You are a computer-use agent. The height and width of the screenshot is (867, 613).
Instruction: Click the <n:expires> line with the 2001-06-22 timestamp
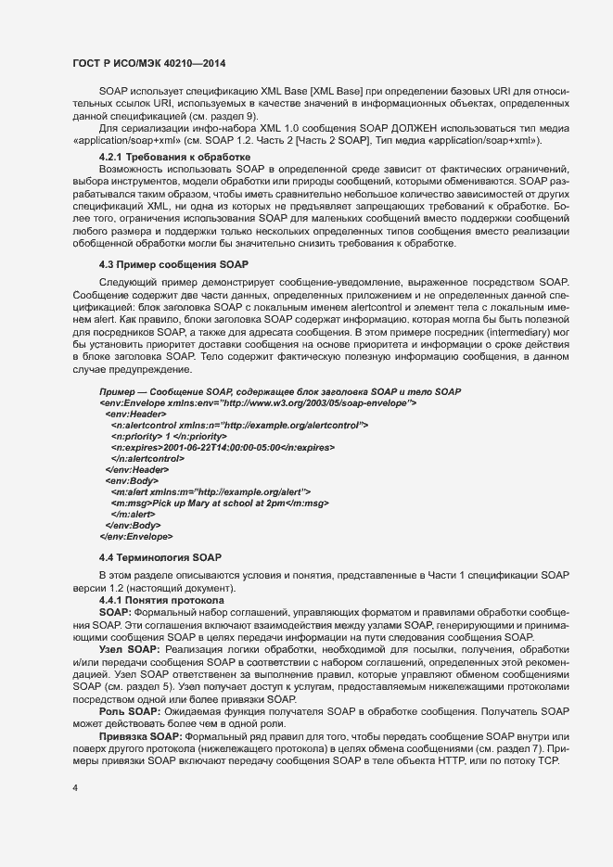tap(223, 447)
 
